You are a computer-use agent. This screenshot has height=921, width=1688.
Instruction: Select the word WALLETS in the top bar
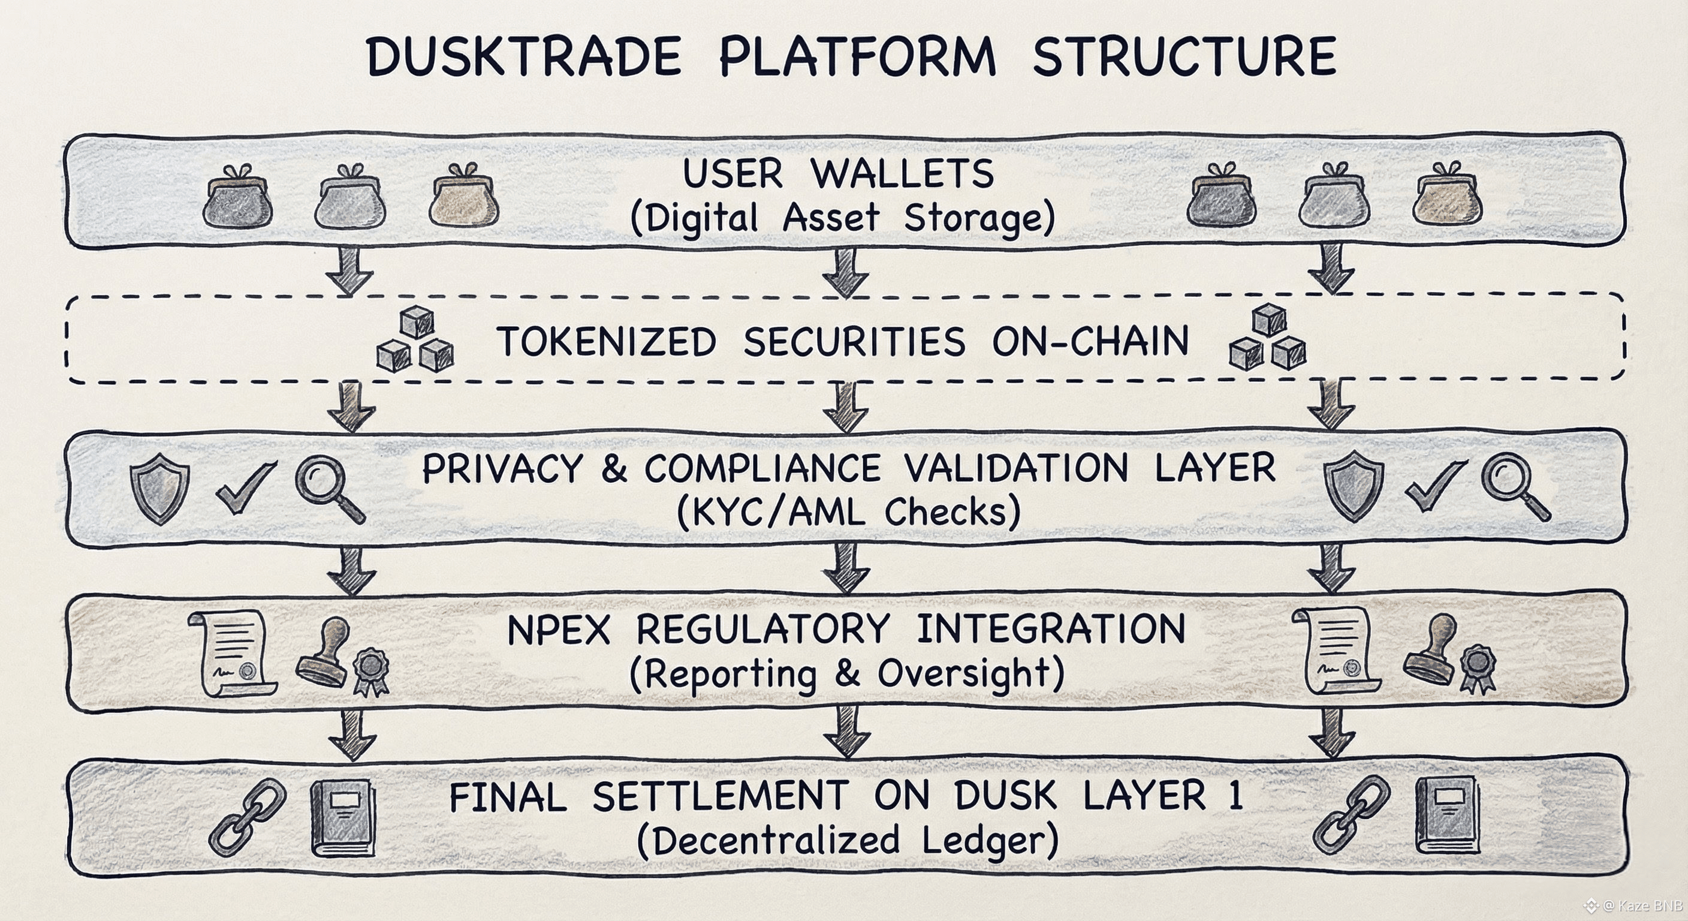pyautogui.click(x=902, y=174)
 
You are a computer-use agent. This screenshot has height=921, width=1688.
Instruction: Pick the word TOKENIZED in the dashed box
pyautogui.click(x=607, y=342)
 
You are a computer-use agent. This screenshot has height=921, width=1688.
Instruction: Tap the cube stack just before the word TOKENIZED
pyautogui.click(x=415, y=341)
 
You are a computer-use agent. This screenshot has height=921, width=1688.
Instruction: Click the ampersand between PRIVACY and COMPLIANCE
pyautogui.click(x=613, y=469)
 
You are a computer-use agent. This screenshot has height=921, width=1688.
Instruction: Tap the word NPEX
pyautogui.click(x=559, y=630)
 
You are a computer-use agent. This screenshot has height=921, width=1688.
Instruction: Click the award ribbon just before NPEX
pyautogui.click(x=371, y=670)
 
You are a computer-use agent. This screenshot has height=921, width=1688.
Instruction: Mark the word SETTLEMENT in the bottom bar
pyautogui.click(x=721, y=797)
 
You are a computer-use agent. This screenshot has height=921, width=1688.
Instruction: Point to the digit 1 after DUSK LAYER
pyautogui.click(x=1236, y=796)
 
